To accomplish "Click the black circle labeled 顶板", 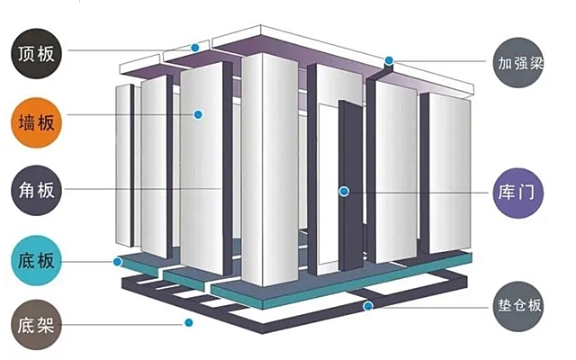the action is point(36,54).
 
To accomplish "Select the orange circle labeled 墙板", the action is point(36,122).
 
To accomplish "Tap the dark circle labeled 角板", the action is point(36,190).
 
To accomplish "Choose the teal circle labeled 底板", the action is point(36,260).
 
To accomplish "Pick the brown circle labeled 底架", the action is point(36,325).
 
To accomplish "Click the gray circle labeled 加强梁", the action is point(518,62).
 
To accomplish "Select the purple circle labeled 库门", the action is point(518,193).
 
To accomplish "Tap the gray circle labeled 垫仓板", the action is point(518,306).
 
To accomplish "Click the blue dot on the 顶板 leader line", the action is point(195,48).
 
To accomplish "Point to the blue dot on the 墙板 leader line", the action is point(198,114).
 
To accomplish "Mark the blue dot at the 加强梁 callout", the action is point(389,60).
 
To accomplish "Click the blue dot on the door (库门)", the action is point(344,192).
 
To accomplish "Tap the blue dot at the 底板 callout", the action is point(118,262).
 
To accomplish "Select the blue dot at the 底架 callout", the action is point(189,322).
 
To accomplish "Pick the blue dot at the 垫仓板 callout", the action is point(368,306).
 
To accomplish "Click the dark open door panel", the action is point(351,185).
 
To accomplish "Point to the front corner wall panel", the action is point(270,170).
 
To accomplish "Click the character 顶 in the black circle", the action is point(27,54).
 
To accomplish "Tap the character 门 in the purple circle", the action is point(526,193).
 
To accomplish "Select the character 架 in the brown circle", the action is point(46,325).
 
